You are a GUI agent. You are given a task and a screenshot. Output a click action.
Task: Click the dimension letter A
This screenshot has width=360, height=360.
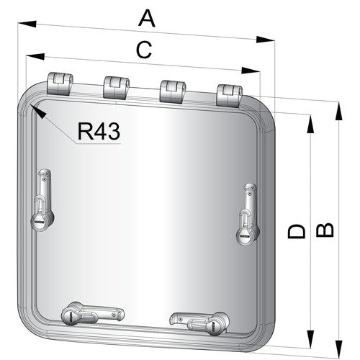point(147,19)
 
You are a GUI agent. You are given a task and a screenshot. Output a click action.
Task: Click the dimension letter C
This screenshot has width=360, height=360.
point(144,50)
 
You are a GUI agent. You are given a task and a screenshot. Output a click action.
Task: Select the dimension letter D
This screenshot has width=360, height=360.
point(297,231)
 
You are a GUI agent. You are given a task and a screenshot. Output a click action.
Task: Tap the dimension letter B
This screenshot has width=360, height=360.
point(325,230)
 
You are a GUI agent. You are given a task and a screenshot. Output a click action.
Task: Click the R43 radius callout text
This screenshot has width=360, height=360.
point(99,131)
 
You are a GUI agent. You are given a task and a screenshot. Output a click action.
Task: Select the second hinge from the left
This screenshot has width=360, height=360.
point(116,88)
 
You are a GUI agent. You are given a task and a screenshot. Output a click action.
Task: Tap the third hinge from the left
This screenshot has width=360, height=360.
point(173,92)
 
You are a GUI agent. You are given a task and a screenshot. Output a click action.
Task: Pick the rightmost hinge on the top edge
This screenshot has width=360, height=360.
point(229,96)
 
